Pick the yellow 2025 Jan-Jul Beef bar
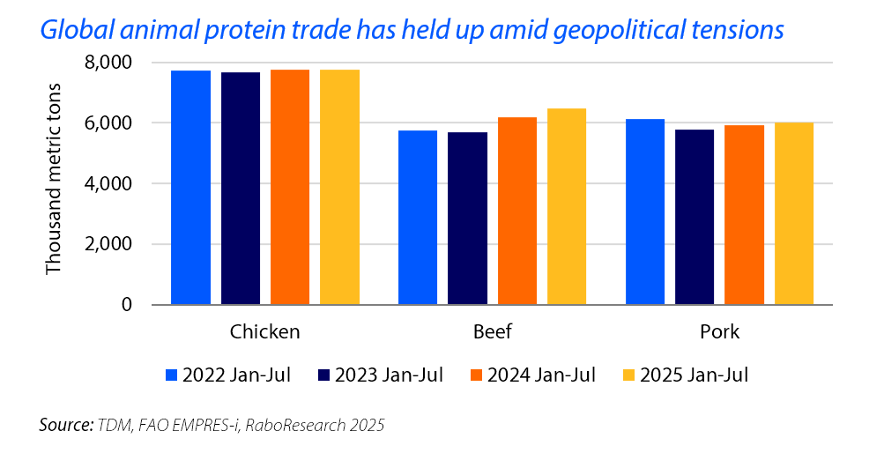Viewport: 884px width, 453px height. click(x=566, y=206)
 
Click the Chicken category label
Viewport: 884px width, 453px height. click(x=264, y=332)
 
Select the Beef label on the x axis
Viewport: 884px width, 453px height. click(x=492, y=332)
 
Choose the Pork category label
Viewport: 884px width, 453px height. click(x=719, y=332)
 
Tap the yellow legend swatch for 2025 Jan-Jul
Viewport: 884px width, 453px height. click(x=630, y=375)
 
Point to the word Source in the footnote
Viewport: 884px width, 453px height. click(x=64, y=426)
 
